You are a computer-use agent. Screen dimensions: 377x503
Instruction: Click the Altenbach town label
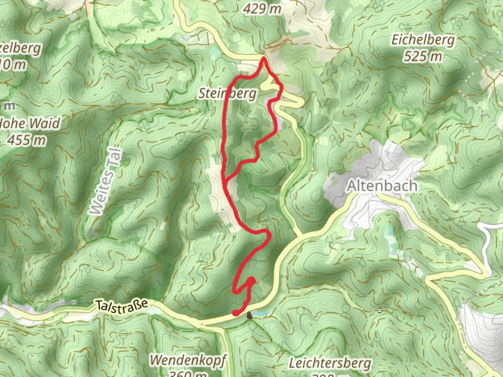(382, 186)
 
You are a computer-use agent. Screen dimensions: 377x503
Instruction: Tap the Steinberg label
(228, 94)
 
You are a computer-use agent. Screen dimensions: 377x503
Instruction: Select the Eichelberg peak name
(423, 40)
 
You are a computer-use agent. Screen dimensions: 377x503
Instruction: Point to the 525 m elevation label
(423, 56)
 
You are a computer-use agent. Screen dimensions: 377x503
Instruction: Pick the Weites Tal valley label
(107, 182)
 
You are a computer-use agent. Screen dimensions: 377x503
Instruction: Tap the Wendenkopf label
(188, 360)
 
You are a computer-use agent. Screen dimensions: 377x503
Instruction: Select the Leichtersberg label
(330, 363)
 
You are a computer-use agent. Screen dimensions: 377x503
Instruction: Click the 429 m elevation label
(262, 8)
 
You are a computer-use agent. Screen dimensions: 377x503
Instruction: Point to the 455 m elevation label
(27, 140)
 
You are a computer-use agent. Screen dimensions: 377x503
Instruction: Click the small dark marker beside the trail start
(249, 316)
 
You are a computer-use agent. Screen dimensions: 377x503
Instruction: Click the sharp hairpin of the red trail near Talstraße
(251, 280)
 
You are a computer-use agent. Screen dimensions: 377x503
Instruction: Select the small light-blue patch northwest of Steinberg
(214, 51)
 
